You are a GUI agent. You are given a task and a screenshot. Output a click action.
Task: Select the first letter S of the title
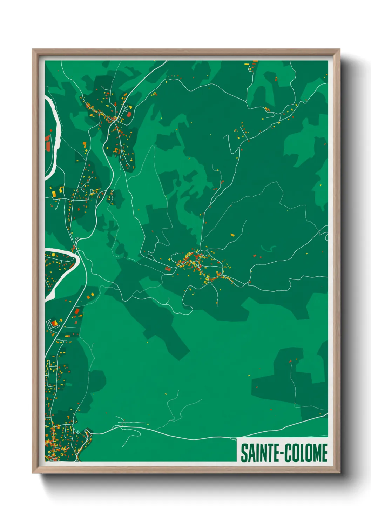pos(244,453)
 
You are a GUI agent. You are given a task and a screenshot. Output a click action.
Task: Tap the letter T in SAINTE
pos(268,453)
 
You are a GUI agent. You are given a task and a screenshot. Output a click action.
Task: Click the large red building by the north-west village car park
pos(129,114)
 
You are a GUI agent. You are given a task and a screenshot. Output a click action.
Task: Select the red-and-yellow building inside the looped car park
pos(54,322)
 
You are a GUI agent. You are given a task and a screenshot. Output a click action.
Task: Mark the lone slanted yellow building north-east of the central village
pos(232,234)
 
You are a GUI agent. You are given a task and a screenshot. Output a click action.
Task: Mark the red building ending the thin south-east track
pos(290,361)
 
